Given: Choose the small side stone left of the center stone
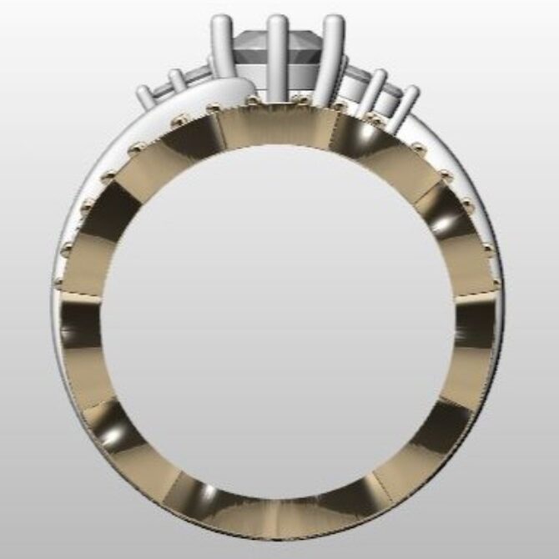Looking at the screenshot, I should pos(197,78).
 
